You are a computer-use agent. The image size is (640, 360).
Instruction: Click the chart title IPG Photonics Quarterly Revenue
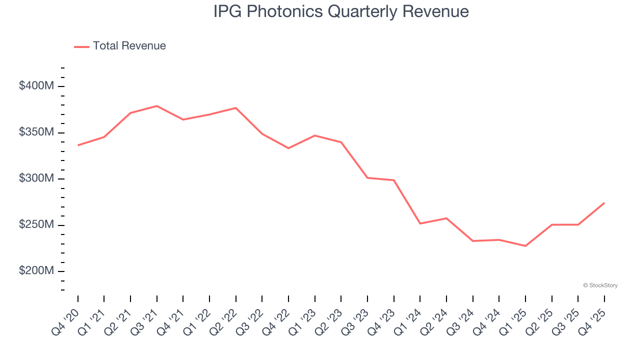click(x=341, y=11)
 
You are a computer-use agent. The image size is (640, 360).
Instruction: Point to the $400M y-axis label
click(x=36, y=86)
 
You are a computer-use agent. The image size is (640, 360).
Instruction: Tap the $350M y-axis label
click(x=36, y=132)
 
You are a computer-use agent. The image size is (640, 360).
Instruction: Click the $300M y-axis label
click(x=36, y=178)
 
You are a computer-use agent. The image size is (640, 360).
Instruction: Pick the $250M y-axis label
click(x=36, y=225)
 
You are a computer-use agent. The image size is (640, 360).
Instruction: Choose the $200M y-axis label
click(x=36, y=271)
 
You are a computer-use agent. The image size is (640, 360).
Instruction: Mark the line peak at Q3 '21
click(x=157, y=106)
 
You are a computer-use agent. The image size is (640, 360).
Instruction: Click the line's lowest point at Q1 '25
click(x=525, y=246)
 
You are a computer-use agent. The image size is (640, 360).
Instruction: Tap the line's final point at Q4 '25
click(x=604, y=203)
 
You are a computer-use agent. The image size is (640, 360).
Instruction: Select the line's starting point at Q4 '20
click(x=78, y=145)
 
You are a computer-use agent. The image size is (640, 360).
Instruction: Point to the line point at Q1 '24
click(x=420, y=223)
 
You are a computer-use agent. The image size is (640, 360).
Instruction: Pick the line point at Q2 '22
click(x=236, y=108)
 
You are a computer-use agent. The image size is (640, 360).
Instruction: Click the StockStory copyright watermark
click(x=600, y=285)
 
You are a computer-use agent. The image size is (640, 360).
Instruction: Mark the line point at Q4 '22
click(x=288, y=148)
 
